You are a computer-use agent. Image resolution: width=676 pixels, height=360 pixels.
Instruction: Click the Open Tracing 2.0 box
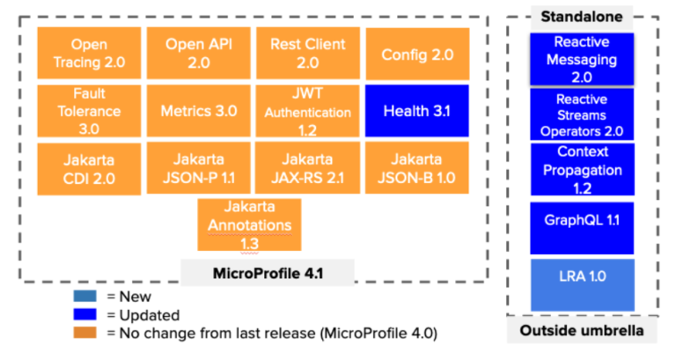pos(89,53)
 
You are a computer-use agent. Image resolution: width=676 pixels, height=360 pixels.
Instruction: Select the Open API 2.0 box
pos(198,53)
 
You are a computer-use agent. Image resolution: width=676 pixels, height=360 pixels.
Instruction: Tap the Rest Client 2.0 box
pos(307,53)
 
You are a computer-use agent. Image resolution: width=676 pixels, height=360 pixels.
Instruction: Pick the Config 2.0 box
pos(417,55)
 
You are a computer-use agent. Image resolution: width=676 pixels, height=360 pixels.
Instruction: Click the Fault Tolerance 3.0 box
pos(89,111)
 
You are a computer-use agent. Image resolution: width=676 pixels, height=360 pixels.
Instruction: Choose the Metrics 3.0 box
pos(198,111)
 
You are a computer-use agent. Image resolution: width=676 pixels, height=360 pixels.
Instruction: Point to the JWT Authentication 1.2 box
pos(307,111)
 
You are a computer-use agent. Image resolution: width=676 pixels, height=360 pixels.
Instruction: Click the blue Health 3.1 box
pos(417,112)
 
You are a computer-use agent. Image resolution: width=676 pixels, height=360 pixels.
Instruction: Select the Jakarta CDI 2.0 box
pos(89,168)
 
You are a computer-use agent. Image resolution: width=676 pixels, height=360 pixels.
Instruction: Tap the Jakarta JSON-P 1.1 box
pos(198,168)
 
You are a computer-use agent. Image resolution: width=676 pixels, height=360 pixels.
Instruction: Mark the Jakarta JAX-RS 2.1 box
pos(307,168)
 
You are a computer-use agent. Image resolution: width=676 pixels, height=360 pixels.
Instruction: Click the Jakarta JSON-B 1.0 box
pos(417,168)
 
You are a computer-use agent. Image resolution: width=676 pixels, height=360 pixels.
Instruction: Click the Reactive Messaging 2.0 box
pos(581,59)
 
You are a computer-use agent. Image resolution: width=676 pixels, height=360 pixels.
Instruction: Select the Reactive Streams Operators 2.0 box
pos(581,115)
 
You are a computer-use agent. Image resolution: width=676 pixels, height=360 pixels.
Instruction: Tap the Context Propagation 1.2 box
pos(581,170)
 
